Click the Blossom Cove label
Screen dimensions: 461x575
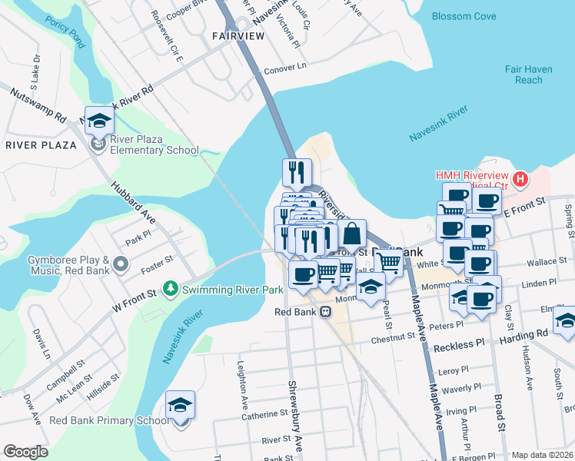pyautogui.click(x=464, y=15)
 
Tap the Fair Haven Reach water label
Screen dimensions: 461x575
pyautogui.click(x=529, y=75)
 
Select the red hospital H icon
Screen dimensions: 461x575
pyautogui.click(x=521, y=180)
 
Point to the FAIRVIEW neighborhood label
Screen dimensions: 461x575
pyautogui.click(x=237, y=36)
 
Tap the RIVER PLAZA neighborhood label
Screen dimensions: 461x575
pyautogui.click(x=42, y=145)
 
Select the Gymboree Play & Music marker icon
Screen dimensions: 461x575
pyautogui.click(x=120, y=265)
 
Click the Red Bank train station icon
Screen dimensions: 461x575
pyautogui.click(x=326, y=312)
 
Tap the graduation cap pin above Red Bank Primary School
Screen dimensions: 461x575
pyautogui.click(x=180, y=405)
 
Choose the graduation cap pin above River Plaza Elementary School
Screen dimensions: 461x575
pyautogui.click(x=99, y=121)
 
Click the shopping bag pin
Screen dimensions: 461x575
pyautogui.click(x=352, y=234)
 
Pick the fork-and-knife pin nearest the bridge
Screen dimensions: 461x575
pyautogui.click(x=297, y=172)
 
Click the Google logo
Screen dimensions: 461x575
pyautogui.click(x=25, y=452)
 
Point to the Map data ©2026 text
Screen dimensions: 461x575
pyautogui.click(x=542, y=455)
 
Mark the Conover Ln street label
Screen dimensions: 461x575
pyautogui.click(x=284, y=65)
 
